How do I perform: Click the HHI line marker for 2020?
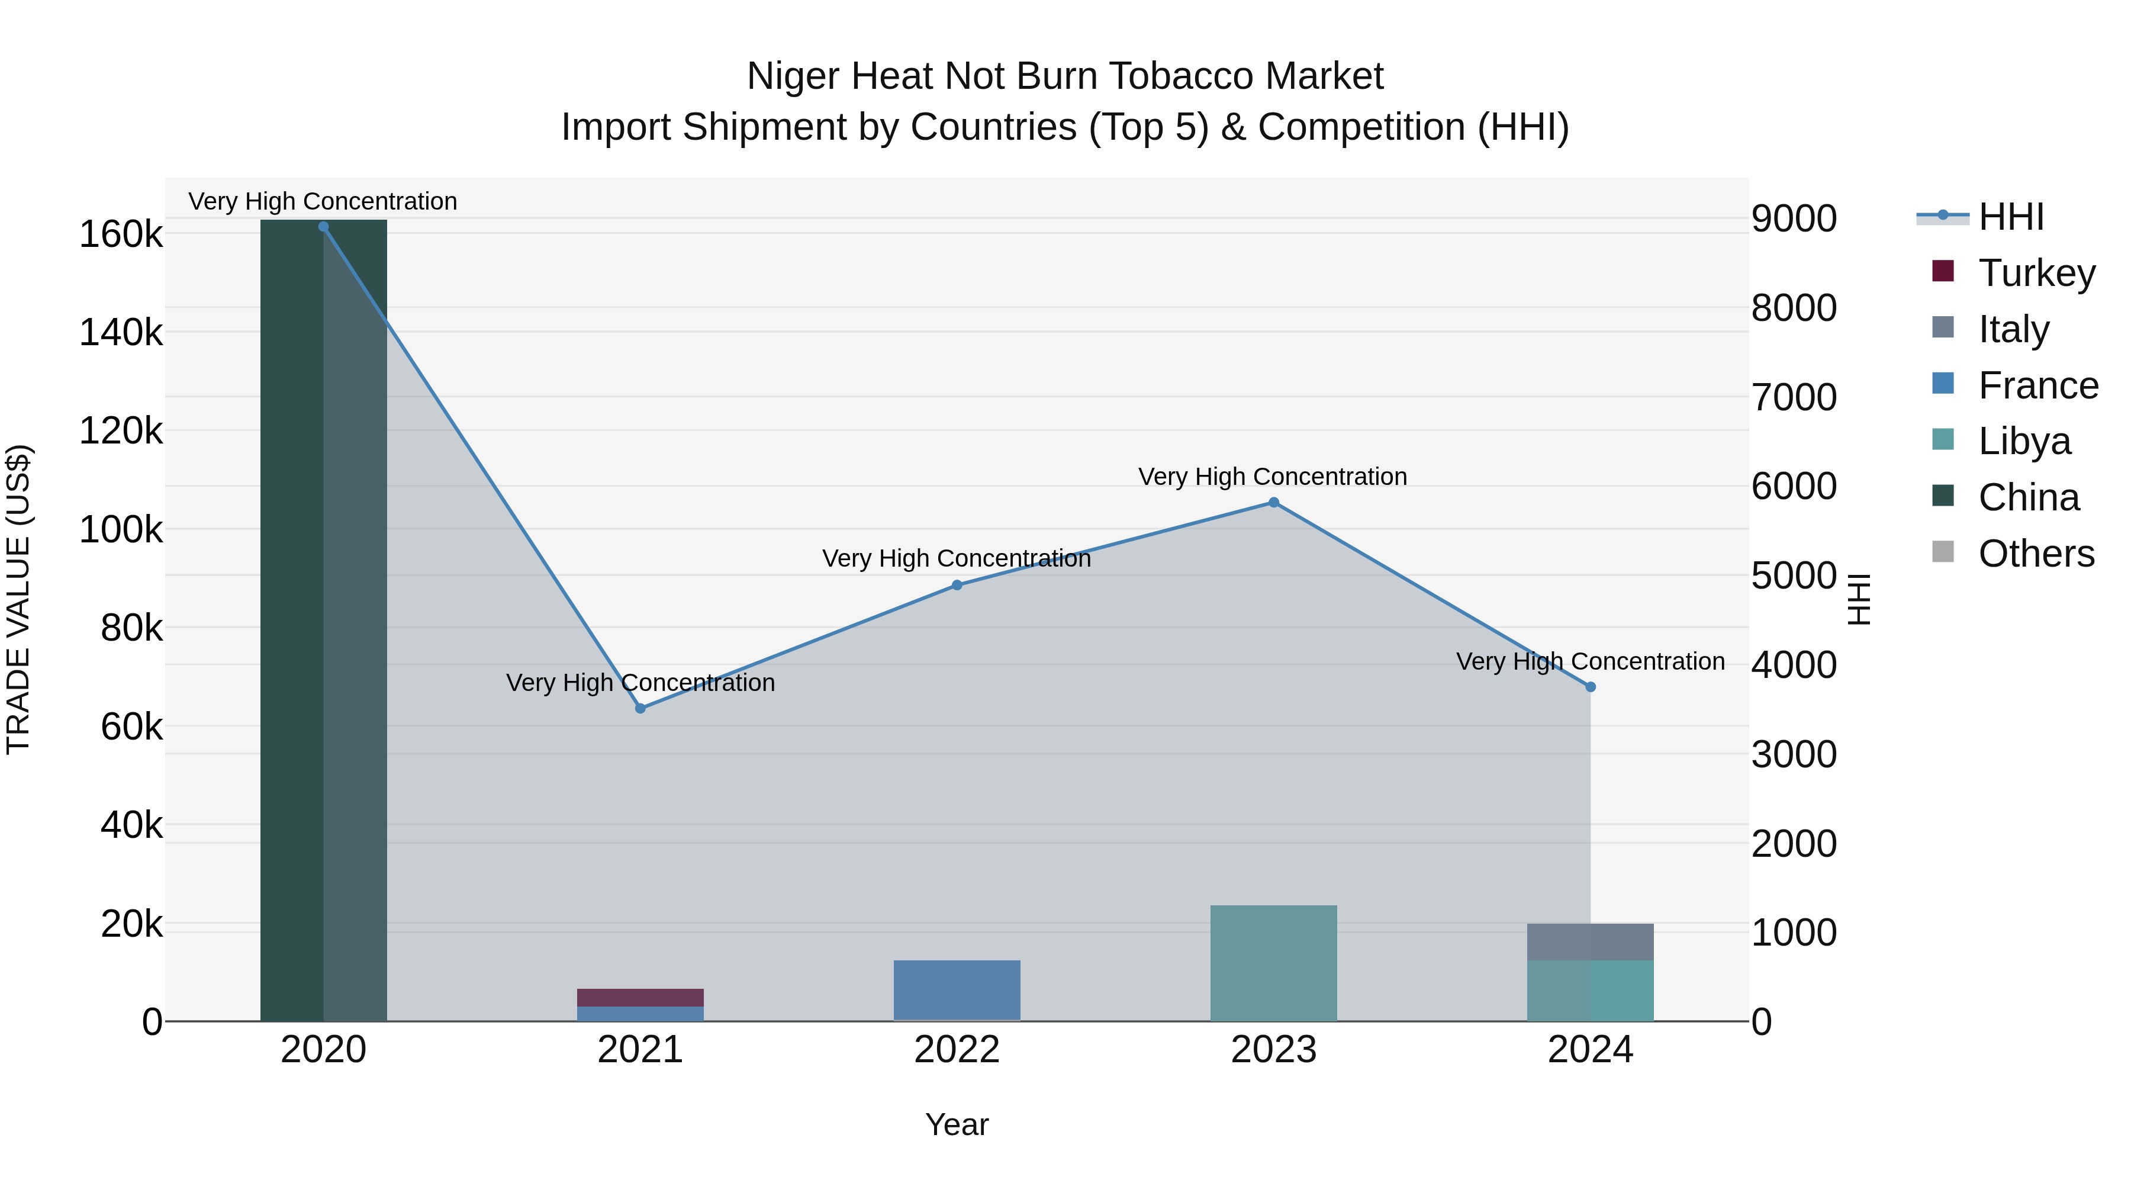[323, 227]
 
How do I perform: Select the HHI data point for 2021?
[640, 708]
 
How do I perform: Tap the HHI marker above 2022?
[957, 585]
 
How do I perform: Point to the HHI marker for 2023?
[1274, 502]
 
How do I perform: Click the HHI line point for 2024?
[1590, 687]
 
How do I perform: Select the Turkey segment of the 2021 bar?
[640, 997]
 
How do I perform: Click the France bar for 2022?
[957, 991]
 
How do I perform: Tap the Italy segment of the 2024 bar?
[1590, 941]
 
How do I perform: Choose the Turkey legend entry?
[2037, 273]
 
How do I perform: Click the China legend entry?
[2029, 497]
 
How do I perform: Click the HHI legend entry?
[2011, 217]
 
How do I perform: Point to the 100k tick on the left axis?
[121, 529]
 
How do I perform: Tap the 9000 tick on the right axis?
[1794, 219]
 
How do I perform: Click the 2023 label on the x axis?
[1274, 1050]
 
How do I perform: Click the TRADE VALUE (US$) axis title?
[19, 599]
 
